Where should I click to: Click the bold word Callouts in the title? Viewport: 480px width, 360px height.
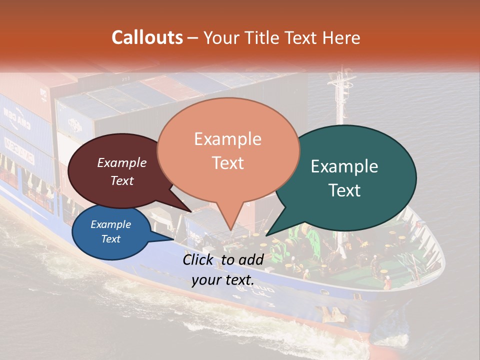click(147, 37)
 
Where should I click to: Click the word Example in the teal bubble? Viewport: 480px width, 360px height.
click(344, 166)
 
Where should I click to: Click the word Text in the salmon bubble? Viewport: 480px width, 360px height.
click(227, 163)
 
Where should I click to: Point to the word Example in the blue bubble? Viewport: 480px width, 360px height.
click(110, 224)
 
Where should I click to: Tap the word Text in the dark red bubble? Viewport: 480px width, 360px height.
click(122, 180)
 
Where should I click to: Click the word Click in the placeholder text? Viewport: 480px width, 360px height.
click(199, 259)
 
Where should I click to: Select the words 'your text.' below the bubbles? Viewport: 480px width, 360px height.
click(223, 280)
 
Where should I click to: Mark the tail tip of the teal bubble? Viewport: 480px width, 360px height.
click(266, 235)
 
